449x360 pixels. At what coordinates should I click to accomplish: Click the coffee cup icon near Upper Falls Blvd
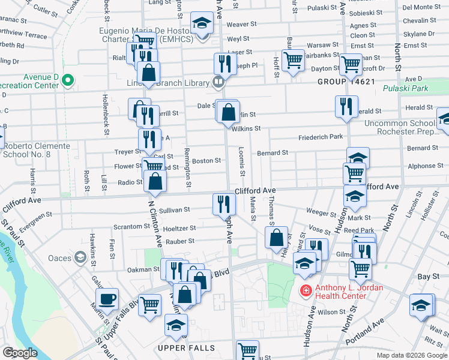107,299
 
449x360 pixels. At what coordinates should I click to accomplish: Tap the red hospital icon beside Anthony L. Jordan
306,290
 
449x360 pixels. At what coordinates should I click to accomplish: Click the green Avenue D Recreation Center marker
68,79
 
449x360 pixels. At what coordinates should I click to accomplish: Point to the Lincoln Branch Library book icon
220,82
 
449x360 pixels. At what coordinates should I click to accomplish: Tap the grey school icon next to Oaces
80,258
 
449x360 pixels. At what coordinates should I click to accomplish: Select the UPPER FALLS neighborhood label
182,348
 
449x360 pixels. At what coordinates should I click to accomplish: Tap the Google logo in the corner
20,352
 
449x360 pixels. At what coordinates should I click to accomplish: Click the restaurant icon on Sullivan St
221,203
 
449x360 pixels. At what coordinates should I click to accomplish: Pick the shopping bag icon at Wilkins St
229,112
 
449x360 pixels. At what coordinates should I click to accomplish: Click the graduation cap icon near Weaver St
202,24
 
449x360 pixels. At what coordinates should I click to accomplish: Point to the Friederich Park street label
321,137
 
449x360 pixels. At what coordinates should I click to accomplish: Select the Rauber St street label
183,241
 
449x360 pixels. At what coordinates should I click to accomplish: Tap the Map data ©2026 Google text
411,355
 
